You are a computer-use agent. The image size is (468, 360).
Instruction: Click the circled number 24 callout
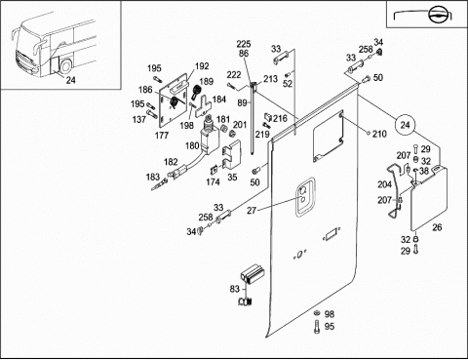point(405,125)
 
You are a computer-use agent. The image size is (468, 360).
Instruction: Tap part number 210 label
point(379,134)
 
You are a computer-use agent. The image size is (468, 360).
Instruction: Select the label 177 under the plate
point(162,135)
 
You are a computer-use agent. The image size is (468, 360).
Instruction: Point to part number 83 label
point(234,289)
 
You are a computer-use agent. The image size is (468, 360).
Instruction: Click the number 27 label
point(252,211)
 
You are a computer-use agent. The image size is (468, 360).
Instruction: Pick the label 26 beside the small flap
point(437,227)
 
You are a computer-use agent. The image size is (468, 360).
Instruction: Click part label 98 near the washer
point(330,314)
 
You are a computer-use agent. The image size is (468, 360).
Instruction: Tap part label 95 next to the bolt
point(330,326)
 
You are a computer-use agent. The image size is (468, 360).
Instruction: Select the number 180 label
point(192,145)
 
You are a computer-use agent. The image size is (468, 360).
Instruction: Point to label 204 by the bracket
point(384,184)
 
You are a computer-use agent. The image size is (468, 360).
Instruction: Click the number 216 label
point(280,118)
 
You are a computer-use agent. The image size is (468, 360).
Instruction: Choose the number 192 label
point(202,66)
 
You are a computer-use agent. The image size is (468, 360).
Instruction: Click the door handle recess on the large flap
point(305,196)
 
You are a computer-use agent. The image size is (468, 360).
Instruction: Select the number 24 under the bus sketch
point(71,80)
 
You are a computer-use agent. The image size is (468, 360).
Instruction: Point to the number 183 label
point(153,177)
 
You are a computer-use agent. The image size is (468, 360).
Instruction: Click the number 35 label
point(232,178)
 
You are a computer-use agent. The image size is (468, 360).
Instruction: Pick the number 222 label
point(234,75)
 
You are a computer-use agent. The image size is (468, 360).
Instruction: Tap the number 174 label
point(213,182)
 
